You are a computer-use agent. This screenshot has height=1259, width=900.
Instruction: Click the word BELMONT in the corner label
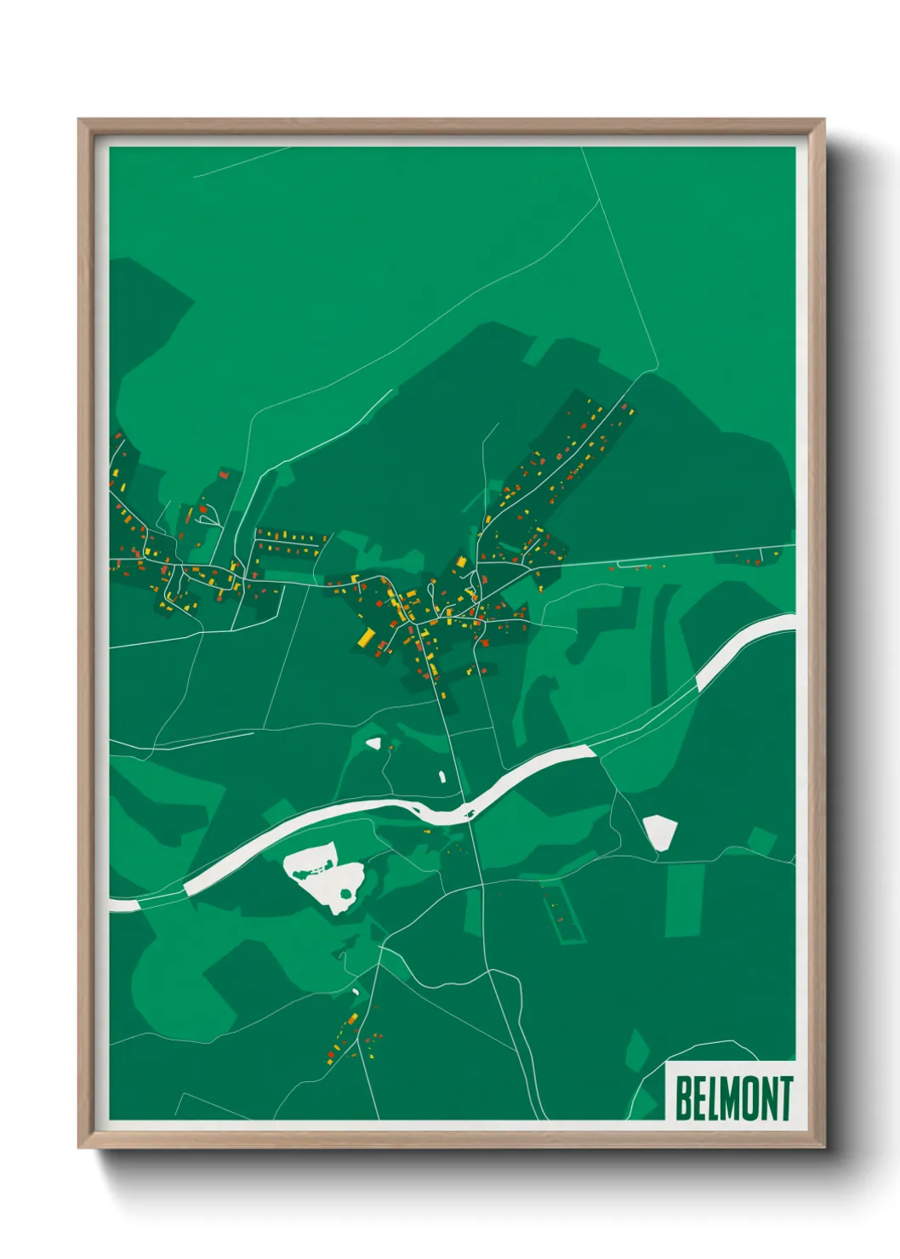[x=733, y=1097]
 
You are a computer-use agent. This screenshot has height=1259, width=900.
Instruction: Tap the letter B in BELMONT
[x=684, y=1097]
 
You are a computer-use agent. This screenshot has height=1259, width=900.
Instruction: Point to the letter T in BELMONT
[x=784, y=1097]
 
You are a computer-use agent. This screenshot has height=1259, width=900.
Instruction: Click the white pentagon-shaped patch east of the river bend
[x=659, y=831]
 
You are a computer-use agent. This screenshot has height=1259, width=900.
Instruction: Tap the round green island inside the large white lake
[x=345, y=892]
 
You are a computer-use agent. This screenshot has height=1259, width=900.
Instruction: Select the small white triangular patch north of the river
[x=373, y=743]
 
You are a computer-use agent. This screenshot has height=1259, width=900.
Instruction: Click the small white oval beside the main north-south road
[x=442, y=776]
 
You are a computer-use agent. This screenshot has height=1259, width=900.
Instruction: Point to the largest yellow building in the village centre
[x=366, y=637]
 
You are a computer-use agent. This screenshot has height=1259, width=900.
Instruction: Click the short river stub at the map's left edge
[x=124, y=904]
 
